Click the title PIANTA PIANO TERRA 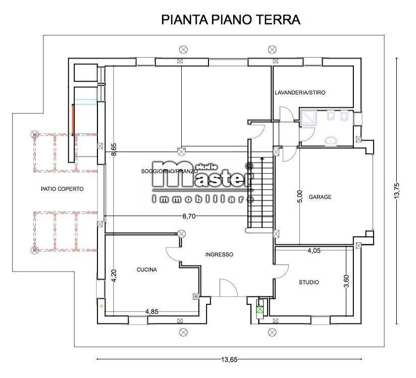pos(231,20)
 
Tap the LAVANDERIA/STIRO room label pos(300,93)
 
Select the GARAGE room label pos(320,197)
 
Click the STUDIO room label pos(308,282)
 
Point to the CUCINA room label pos(146,269)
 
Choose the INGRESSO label pos(219,255)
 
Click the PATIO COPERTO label pos(62,189)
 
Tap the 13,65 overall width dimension pos(229,360)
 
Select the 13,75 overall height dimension pos(397,192)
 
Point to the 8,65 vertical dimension pos(115,150)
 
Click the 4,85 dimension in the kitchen pos(152,311)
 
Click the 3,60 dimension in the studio pos(346,282)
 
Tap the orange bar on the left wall pos(73,119)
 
